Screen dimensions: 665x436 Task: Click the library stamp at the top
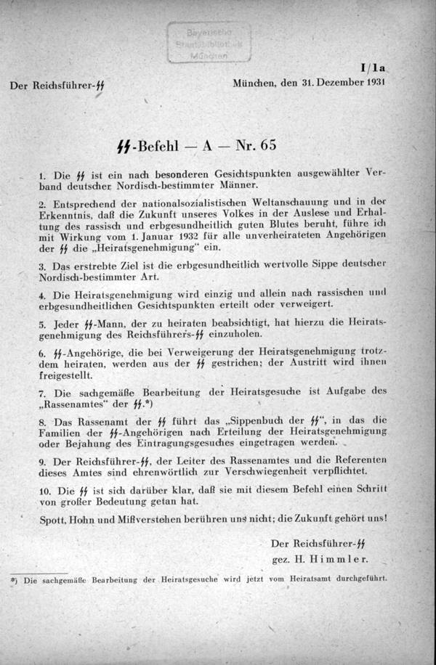click(x=209, y=42)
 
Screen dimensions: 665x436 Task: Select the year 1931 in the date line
click(x=371, y=82)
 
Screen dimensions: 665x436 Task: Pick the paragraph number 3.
click(x=41, y=268)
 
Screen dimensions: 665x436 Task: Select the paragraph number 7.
click(x=41, y=392)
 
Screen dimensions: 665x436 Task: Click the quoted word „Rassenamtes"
click(x=78, y=404)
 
